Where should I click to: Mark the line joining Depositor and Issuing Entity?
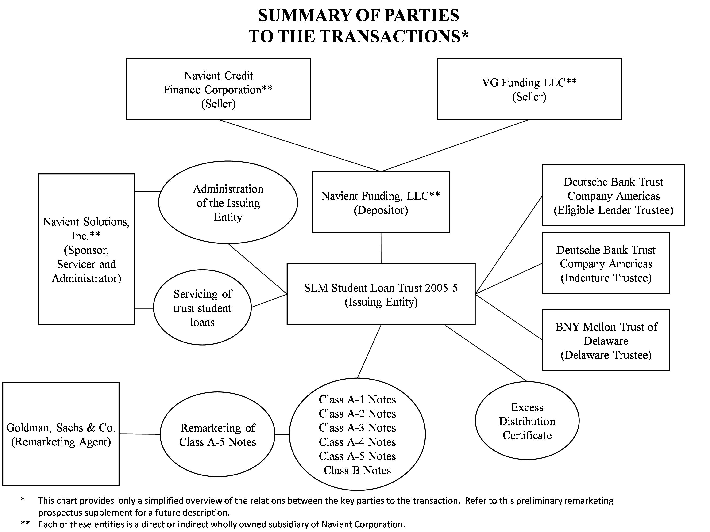[381, 248]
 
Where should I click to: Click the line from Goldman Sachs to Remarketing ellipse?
[140, 434]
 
